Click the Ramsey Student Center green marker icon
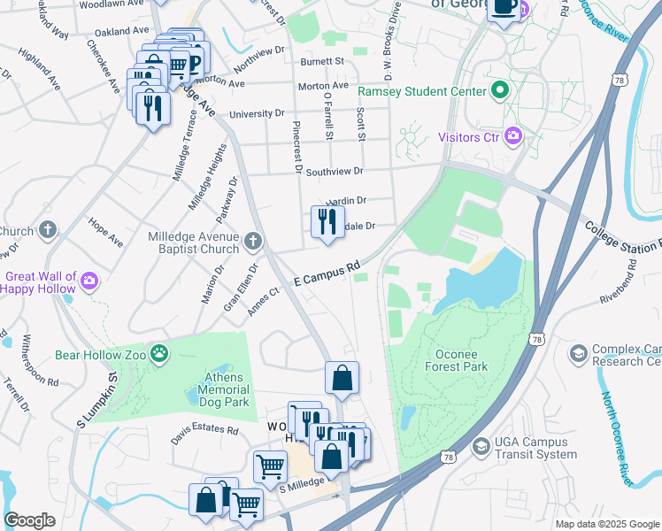(x=500, y=91)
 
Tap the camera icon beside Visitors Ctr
(x=512, y=136)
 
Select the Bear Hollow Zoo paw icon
(x=159, y=354)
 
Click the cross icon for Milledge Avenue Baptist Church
(x=253, y=242)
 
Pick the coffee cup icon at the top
(x=504, y=7)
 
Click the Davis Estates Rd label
(x=205, y=431)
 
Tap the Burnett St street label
(x=321, y=62)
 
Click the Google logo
(x=29, y=520)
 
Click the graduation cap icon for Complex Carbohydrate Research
(x=579, y=354)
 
